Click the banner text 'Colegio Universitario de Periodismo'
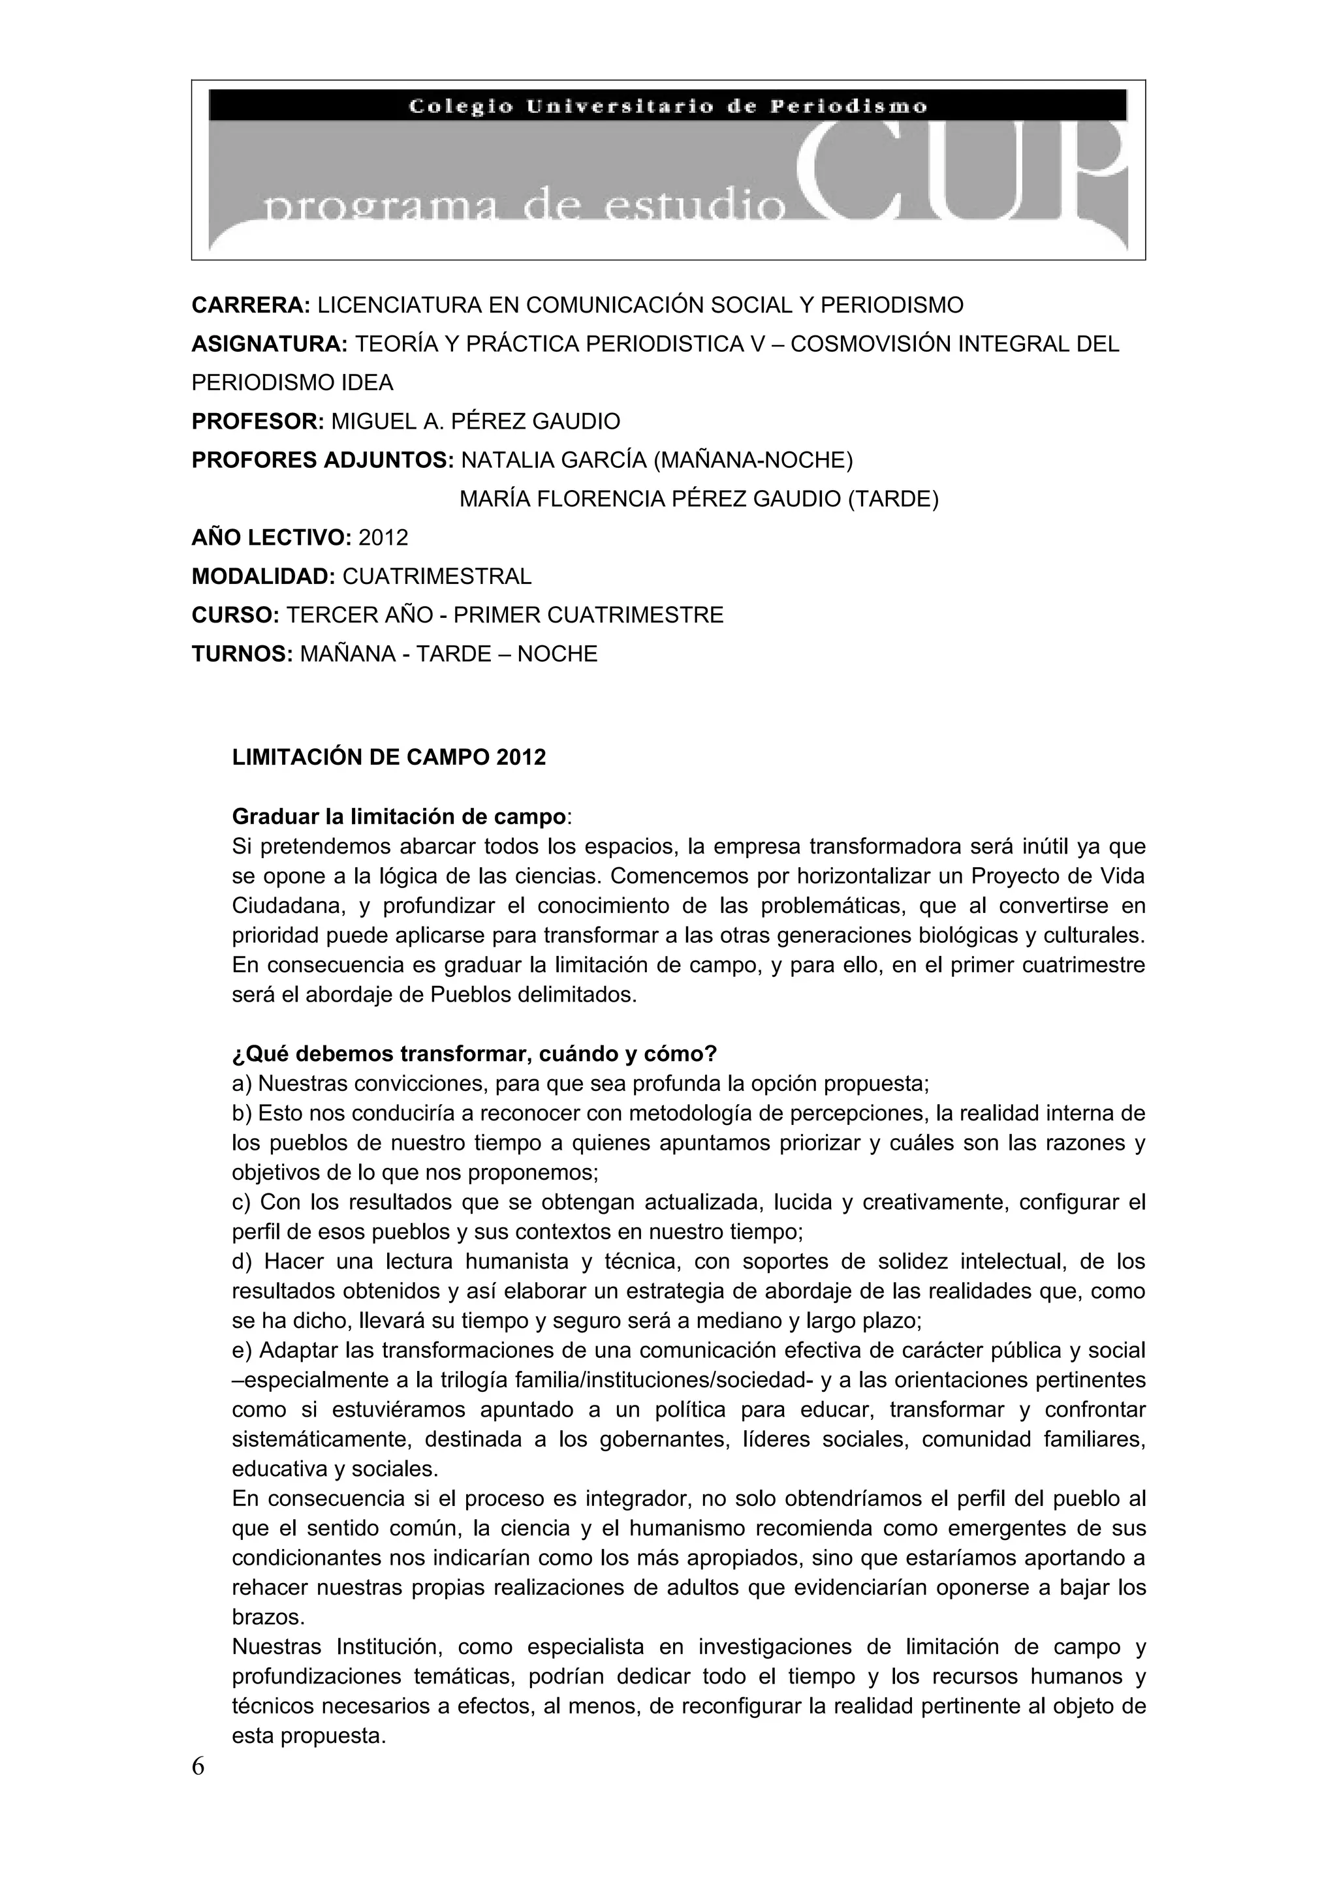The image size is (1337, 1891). point(668,106)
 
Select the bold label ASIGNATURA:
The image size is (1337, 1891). point(270,345)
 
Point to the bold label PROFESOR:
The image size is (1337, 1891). point(259,422)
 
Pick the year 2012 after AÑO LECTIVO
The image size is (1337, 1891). point(384,538)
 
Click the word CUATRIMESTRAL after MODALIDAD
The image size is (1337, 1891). point(437,577)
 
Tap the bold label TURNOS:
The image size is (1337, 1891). point(243,654)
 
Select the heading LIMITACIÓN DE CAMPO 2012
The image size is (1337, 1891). point(389,758)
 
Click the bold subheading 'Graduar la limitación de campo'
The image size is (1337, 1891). point(400,817)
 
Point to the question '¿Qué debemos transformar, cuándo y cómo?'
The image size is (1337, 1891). point(475,1054)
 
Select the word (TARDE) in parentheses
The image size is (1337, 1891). point(893,499)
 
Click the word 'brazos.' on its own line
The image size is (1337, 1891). point(268,1618)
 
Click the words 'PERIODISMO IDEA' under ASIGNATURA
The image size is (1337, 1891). point(292,383)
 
